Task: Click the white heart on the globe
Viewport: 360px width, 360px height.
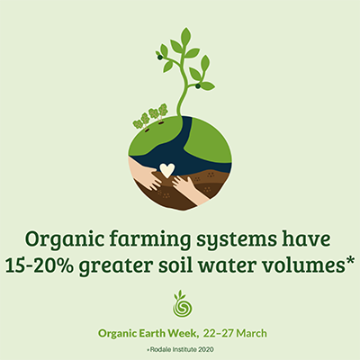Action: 166,170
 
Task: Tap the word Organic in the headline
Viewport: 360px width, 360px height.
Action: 65,240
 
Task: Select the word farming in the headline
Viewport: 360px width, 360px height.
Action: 150,240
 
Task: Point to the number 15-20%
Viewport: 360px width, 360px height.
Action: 39,266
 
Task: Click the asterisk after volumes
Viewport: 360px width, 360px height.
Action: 350,260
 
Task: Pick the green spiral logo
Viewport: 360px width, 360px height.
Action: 183,303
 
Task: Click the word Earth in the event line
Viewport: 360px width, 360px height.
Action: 152,333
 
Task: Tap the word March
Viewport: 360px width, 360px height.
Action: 251,333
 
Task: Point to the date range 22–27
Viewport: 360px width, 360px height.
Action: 219,333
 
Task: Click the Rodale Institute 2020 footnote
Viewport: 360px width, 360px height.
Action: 180,349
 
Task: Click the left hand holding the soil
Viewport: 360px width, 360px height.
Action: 143,174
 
